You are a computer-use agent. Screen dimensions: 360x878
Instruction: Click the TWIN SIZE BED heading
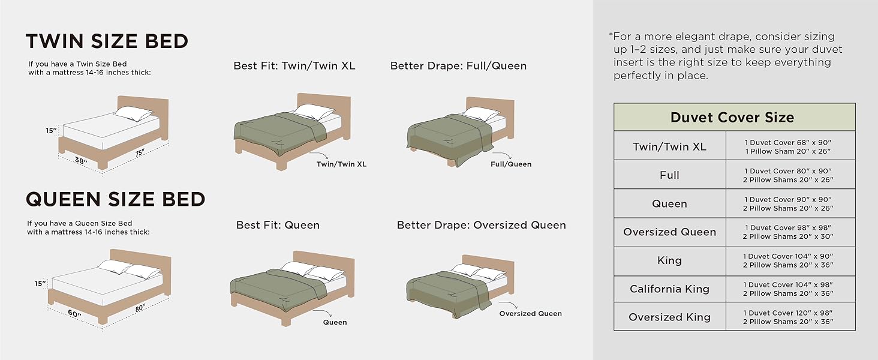pyautogui.click(x=107, y=41)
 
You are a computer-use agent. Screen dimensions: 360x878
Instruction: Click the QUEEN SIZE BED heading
pyautogui.click(x=115, y=199)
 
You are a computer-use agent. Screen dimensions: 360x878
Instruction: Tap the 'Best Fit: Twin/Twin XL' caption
pyautogui.click(x=294, y=66)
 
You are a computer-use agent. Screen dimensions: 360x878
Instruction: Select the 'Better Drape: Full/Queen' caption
pyautogui.click(x=458, y=66)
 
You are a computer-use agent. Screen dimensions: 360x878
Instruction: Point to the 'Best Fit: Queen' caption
pyautogui.click(x=278, y=226)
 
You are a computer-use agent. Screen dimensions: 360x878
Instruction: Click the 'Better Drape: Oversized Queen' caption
pyautogui.click(x=481, y=226)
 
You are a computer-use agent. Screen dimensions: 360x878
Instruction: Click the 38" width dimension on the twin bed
pyautogui.click(x=81, y=161)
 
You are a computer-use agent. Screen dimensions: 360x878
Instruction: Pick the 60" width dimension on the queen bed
pyautogui.click(x=74, y=314)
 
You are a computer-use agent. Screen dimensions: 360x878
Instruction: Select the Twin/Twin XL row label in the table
pyautogui.click(x=669, y=146)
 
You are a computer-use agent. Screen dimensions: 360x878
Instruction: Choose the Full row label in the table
pyautogui.click(x=669, y=175)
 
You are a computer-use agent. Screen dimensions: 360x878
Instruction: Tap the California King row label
pyautogui.click(x=669, y=289)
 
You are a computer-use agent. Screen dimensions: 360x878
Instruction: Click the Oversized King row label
pyautogui.click(x=669, y=317)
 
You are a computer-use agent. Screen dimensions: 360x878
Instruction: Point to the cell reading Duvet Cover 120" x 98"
pyautogui.click(x=789, y=313)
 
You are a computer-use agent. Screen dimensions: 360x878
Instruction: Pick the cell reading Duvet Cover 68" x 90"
pyautogui.click(x=789, y=142)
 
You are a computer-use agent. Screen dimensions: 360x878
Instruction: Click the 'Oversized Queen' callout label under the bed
pyautogui.click(x=530, y=313)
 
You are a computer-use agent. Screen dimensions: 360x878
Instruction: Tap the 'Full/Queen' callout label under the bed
pyautogui.click(x=510, y=164)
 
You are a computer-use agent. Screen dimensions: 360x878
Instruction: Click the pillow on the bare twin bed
pyautogui.click(x=134, y=113)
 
